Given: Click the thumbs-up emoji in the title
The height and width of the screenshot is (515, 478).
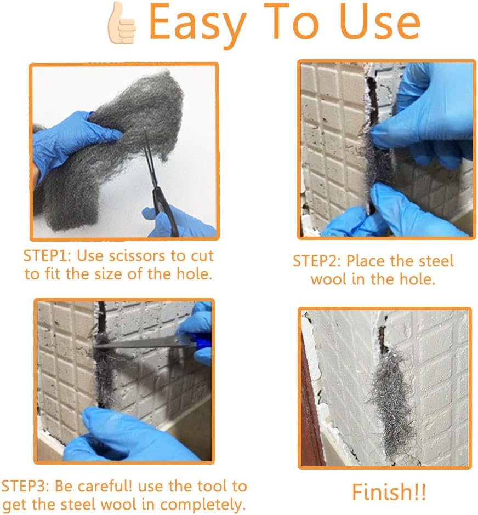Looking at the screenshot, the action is [121, 23].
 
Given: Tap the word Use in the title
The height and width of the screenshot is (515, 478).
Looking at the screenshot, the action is [380, 22].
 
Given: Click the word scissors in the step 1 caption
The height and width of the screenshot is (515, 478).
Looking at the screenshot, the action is [136, 256].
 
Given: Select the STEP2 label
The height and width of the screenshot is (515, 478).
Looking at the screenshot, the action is [317, 261].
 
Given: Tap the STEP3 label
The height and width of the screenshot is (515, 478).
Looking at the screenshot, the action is [25, 487].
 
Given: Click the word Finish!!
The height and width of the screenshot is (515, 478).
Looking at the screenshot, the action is [389, 492].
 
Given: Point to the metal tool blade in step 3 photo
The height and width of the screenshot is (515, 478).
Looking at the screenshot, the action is [138, 343].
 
